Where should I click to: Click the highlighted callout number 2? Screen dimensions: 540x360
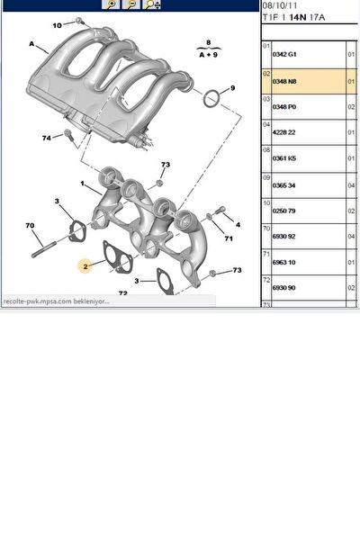click(85, 266)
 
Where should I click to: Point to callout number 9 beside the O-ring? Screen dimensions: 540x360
click(231, 88)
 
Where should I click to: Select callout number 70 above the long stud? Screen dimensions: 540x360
click(30, 225)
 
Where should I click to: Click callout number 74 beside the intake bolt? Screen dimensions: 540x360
click(46, 138)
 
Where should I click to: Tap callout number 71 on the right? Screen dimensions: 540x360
click(229, 238)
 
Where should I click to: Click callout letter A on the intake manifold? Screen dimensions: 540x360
click(32, 44)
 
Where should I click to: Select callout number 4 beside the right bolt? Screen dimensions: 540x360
click(238, 223)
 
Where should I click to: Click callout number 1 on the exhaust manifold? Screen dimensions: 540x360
click(83, 185)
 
